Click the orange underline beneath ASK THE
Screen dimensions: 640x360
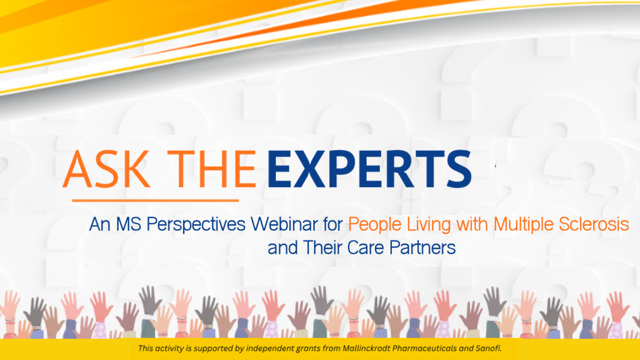point(156,200)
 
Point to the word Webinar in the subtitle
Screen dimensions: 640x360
point(296,224)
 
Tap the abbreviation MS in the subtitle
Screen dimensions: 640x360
point(128,224)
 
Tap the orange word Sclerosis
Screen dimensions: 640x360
point(594,224)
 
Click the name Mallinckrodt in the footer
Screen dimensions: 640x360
point(366,348)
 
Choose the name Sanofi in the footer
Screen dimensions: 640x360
point(488,348)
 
